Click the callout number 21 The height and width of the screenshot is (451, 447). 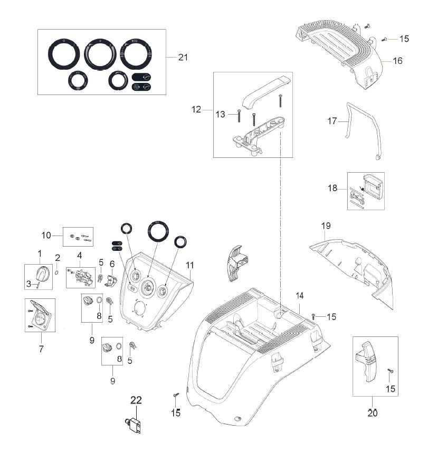[x=183, y=58]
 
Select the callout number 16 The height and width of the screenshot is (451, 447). [x=397, y=61]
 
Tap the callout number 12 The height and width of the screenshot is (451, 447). [x=196, y=109]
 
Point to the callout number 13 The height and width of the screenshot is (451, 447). [x=221, y=114]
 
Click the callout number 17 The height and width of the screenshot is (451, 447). [x=332, y=121]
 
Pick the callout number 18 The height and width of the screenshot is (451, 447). [x=332, y=187]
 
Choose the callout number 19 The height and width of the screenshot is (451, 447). [x=326, y=226]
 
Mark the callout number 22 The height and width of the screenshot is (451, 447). [x=136, y=400]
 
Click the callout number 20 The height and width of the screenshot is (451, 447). [x=373, y=413]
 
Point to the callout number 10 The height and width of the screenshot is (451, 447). [x=46, y=234]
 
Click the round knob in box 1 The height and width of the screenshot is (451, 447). [x=41, y=274]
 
